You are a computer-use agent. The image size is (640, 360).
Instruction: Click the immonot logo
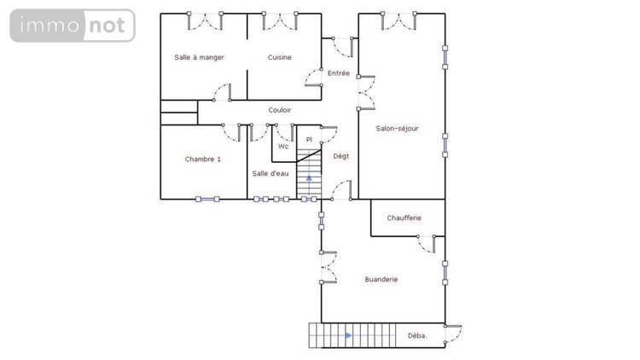click(x=73, y=26)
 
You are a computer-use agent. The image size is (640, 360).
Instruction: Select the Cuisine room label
click(x=279, y=57)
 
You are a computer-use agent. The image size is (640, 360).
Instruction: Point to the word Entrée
click(x=339, y=73)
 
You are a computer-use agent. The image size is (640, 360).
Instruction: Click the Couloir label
click(x=280, y=110)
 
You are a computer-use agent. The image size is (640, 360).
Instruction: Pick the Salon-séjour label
click(x=397, y=129)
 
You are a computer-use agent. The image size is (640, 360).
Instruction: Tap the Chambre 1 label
click(x=203, y=159)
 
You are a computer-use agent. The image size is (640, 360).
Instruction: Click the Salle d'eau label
click(x=270, y=173)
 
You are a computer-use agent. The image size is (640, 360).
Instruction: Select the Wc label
click(x=282, y=146)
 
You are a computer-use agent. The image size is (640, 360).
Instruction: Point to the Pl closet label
click(x=309, y=138)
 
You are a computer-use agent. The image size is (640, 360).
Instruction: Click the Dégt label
click(x=341, y=155)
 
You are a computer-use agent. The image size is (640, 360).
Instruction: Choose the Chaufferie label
click(x=404, y=218)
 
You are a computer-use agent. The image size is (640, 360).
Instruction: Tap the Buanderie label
click(x=381, y=279)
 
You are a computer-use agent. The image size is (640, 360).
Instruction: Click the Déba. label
click(x=418, y=335)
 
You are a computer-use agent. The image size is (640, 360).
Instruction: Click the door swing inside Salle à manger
click(x=224, y=91)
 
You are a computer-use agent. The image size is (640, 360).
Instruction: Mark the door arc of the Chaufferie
click(x=425, y=243)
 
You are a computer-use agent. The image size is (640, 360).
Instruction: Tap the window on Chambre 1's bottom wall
click(x=207, y=200)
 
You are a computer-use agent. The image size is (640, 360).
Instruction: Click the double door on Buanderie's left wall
click(x=329, y=267)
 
